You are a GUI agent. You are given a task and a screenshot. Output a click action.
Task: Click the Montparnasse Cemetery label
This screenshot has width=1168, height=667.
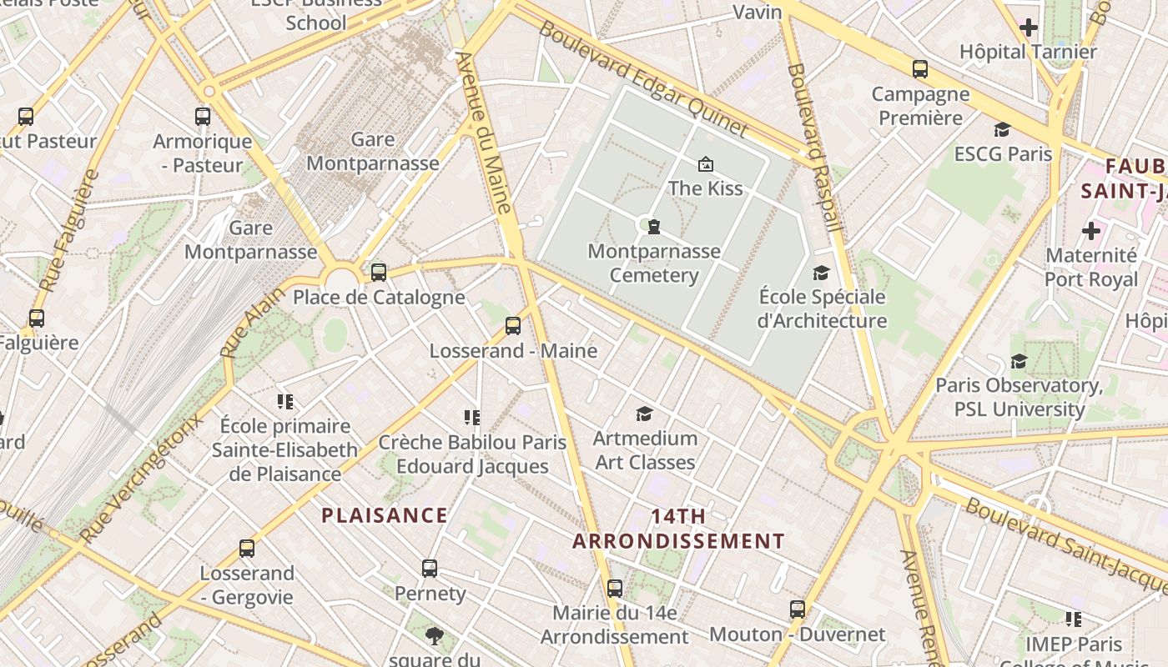653,263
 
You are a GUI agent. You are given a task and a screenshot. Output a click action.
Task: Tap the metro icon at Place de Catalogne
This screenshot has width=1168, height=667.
379,272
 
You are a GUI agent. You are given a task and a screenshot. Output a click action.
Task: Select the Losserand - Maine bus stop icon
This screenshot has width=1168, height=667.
513,326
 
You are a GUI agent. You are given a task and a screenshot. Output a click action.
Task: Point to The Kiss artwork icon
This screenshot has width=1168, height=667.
705,164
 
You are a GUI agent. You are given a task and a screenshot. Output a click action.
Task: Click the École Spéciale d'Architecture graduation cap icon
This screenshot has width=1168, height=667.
822,273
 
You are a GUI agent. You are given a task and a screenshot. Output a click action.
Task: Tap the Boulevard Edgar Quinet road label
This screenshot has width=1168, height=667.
643,78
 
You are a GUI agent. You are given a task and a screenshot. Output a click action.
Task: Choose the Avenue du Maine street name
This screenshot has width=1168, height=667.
485,133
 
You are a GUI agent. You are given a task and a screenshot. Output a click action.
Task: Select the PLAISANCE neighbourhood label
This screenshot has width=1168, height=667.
385,515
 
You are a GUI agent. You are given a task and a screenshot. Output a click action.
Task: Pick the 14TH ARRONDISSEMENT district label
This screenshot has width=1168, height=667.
678,529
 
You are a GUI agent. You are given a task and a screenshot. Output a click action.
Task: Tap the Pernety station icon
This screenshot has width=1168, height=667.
430,569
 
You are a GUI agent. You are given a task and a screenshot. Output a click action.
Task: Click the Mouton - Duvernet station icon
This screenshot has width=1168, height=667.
798,609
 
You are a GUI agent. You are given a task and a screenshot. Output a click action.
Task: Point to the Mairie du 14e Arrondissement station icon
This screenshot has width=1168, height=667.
615,589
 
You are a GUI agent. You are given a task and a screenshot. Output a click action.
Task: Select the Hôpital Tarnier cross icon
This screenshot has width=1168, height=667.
1029,28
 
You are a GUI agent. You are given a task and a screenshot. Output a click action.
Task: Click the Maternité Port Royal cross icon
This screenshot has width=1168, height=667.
1091,231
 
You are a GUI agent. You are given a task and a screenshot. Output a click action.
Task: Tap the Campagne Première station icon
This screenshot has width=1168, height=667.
920,69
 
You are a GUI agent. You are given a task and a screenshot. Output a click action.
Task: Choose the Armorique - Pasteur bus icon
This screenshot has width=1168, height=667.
203,117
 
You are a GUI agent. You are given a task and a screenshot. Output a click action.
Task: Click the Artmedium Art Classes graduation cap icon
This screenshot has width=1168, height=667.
644,414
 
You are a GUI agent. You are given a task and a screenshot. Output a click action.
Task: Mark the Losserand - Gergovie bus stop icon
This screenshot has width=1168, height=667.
247,549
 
